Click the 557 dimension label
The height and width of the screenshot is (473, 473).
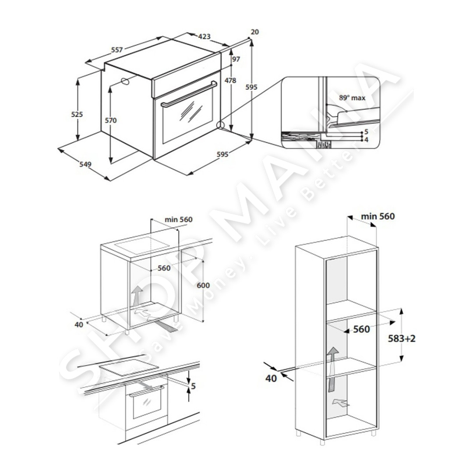pos(117,50)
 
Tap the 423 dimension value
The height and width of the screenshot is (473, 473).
pos(204,36)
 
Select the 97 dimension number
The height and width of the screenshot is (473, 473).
pos(236,59)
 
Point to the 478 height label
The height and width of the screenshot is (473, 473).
pos(230,81)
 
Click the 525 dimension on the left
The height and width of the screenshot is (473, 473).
pos(77,114)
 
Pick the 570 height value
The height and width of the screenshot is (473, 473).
pos(111,120)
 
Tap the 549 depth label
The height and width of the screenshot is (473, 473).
pos(85,164)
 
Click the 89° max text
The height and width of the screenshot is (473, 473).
pos(352,98)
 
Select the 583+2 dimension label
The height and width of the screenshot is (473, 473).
pos(402,339)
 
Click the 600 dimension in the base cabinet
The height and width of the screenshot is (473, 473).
pos(203,285)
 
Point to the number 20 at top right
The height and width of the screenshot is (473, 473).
pos(255,32)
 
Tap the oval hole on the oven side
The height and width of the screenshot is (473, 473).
pos(125,81)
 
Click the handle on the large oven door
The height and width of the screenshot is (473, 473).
pos(189,94)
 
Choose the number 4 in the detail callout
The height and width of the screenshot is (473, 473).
pos(366,140)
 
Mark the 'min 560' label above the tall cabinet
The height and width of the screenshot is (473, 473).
pos(378,216)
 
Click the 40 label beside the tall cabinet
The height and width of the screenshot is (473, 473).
pos(271,378)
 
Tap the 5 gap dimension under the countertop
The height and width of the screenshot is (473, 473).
pos(194,386)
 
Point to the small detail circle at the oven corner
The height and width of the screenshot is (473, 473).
pos(221,125)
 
